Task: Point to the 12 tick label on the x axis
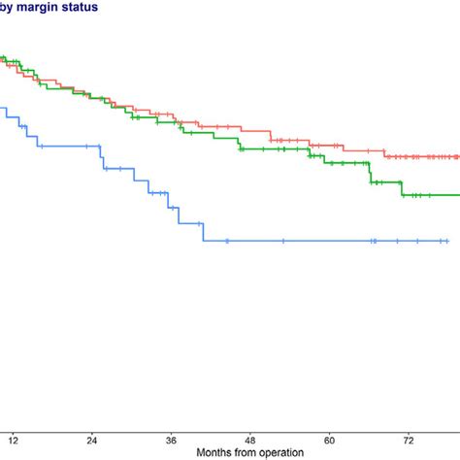click(x=12, y=438)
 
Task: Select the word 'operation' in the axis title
click(x=279, y=452)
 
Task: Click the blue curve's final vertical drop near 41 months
click(x=203, y=232)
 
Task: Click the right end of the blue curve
click(x=447, y=241)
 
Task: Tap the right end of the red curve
click(x=458, y=156)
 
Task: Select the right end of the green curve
click(x=458, y=195)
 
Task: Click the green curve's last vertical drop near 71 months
click(x=403, y=188)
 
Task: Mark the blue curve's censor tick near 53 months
click(x=282, y=241)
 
